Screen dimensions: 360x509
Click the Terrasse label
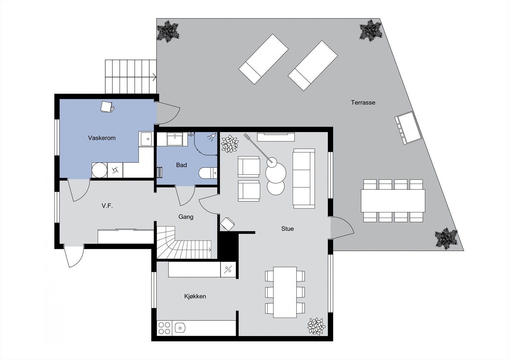click(363, 102)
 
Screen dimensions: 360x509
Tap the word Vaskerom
click(102, 138)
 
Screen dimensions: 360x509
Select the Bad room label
click(181, 165)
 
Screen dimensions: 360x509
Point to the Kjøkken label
click(195, 296)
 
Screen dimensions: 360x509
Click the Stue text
click(287, 229)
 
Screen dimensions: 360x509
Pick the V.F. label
click(107, 206)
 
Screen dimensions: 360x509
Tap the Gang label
click(186, 217)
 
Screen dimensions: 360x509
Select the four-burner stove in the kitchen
click(164, 328)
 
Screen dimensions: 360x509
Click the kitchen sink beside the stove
click(180, 328)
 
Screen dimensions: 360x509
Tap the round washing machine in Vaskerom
click(99, 170)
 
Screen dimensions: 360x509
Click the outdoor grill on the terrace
click(408, 128)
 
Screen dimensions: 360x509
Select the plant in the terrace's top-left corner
click(167, 31)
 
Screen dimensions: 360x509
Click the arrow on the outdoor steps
click(154, 77)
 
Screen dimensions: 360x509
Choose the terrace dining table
click(393, 201)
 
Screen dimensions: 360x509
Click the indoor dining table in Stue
click(285, 292)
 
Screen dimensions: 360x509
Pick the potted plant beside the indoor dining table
click(316, 326)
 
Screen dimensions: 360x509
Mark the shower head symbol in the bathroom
click(211, 137)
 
